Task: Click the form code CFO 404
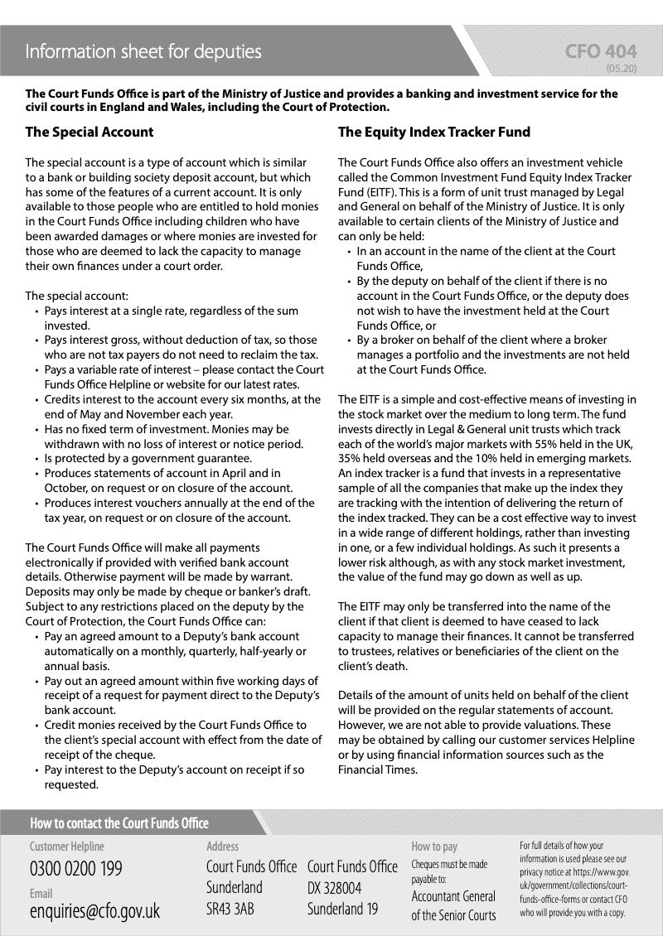click(x=601, y=52)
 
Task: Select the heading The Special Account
click(x=90, y=132)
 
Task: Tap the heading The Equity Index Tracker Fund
click(x=434, y=132)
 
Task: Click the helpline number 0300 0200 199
click(x=76, y=869)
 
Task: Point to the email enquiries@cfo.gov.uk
click(x=94, y=911)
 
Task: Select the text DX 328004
click(x=334, y=888)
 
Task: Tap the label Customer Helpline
click(x=67, y=847)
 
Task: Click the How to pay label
click(x=434, y=847)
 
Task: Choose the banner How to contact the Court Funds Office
click(x=119, y=823)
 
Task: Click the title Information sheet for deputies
click(x=143, y=52)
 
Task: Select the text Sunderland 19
click(x=342, y=909)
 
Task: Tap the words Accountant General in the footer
click(x=453, y=896)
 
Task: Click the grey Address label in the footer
click(x=222, y=847)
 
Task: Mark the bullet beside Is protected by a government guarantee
click(x=36, y=459)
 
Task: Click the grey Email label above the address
click(x=41, y=894)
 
